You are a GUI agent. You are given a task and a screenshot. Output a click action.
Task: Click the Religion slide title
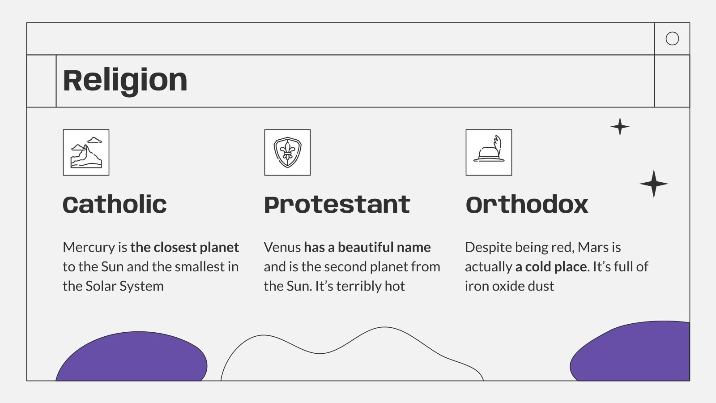pos(125,81)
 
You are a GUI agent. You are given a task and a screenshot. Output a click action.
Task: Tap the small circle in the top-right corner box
pos(672,39)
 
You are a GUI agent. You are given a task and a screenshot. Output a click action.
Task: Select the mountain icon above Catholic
pos(86,152)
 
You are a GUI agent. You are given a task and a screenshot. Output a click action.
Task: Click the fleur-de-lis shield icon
pos(287,152)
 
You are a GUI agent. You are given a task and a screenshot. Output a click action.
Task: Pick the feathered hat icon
pos(489,152)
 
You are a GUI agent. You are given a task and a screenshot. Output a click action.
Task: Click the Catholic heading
pos(115,205)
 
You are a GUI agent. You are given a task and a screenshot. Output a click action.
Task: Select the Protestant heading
pos(337,205)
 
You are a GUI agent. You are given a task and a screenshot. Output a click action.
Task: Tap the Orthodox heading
pos(527,205)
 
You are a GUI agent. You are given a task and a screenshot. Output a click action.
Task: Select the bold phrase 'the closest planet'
pos(185,247)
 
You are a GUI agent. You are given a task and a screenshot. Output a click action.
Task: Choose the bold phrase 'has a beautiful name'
pos(367,247)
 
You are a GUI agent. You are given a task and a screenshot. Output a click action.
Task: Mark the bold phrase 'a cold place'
pos(551,267)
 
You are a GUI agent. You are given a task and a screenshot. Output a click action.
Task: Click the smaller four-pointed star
pos(620,127)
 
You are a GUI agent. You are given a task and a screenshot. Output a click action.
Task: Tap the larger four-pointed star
pos(653,184)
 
